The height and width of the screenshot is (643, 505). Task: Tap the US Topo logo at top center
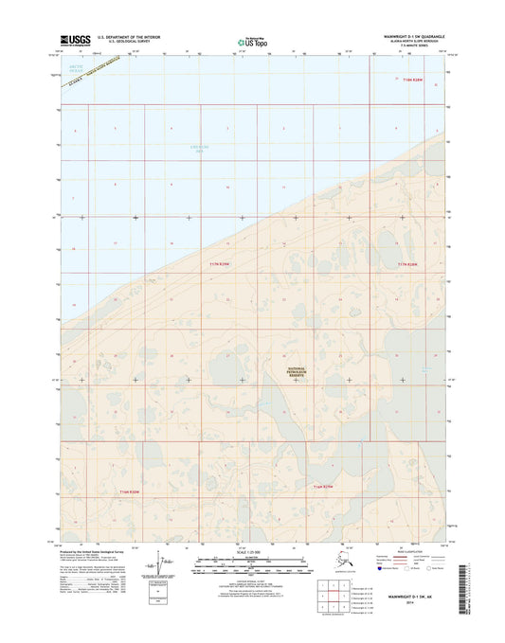click(244, 42)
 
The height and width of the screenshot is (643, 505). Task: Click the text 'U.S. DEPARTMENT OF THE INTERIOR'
click(122, 37)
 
